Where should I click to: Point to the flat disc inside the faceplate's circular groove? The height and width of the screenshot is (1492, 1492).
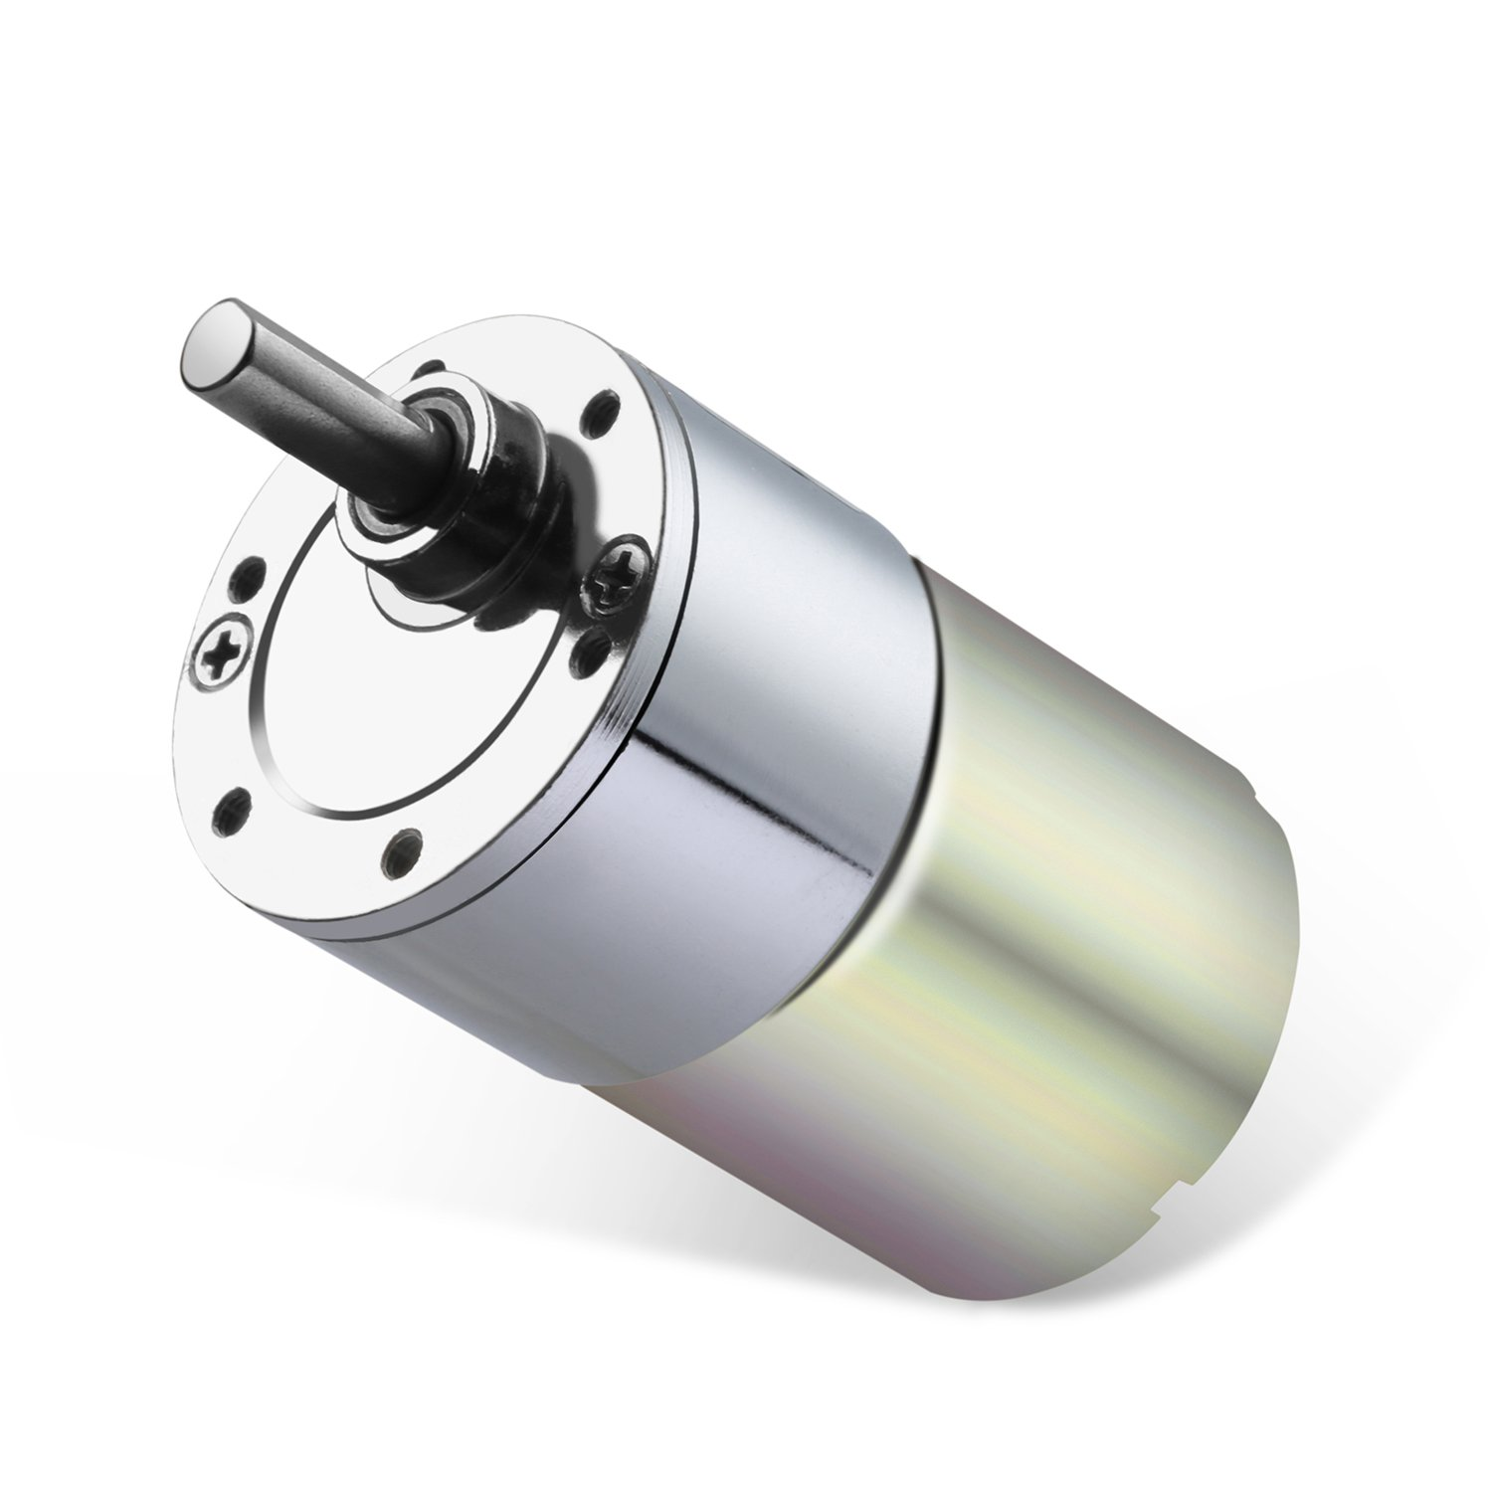tap(328, 716)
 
